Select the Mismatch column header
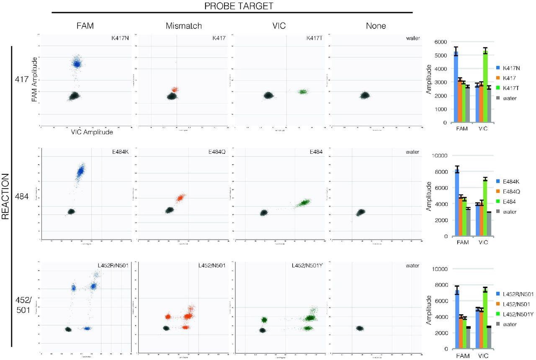[183, 26]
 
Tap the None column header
[375, 26]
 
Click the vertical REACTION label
[5, 197]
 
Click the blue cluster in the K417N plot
[77, 63]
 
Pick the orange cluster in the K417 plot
[175, 90]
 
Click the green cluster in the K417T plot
[302, 91]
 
